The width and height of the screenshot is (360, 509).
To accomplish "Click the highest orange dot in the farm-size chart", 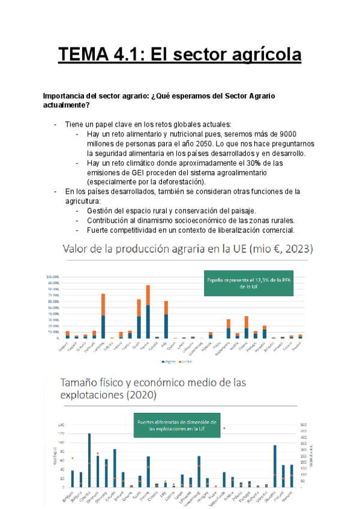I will coord(224,429).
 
